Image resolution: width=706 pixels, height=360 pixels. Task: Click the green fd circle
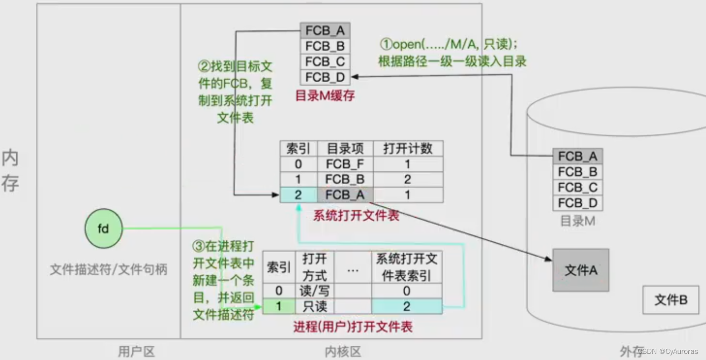[x=103, y=229]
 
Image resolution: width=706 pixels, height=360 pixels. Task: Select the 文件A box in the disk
[x=580, y=270]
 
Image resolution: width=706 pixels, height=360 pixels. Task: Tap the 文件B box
[x=670, y=300]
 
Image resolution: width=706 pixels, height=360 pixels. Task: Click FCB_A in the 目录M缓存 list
[x=325, y=31]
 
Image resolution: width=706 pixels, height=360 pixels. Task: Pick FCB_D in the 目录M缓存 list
[x=325, y=77]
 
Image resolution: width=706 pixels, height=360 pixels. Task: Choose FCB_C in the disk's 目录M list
[x=578, y=188]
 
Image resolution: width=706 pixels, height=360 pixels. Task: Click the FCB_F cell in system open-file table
[x=345, y=164]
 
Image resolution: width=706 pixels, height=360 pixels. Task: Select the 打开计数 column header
[x=408, y=149]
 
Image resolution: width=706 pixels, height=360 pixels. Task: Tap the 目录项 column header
[x=345, y=149]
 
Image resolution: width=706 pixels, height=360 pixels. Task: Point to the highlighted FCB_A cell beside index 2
[x=345, y=195]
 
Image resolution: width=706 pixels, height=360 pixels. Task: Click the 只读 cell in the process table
[x=314, y=306]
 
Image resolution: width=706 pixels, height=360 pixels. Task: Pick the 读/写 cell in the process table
[x=314, y=291]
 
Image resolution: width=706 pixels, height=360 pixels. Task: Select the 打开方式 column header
[x=314, y=267]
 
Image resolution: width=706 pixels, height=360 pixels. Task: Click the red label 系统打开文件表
[x=356, y=215]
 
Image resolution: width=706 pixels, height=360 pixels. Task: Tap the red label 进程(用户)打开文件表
[x=353, y=327]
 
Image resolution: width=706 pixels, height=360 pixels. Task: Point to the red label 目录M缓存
[x=325, y=95]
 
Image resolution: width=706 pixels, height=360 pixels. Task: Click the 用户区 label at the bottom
[x=136, y=351]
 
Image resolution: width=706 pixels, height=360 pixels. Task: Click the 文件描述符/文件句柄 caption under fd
[x=109, y=269]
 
